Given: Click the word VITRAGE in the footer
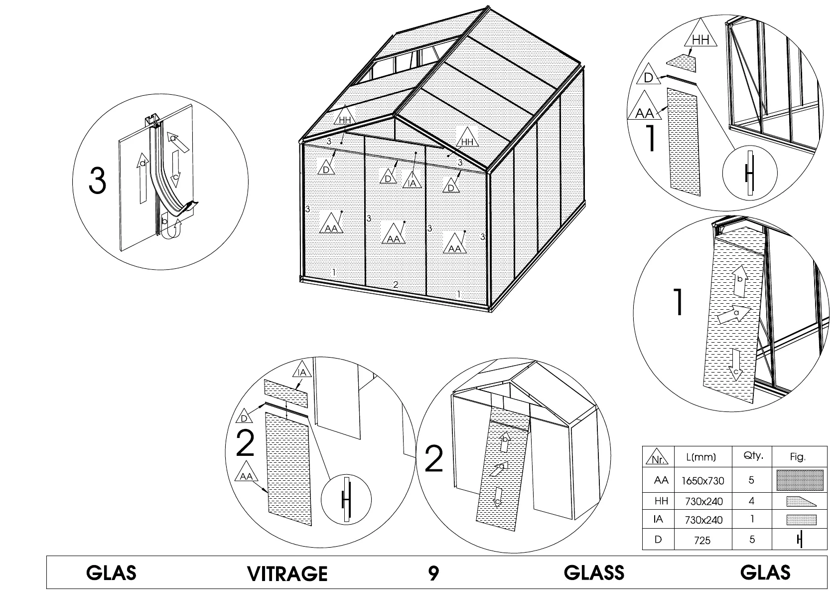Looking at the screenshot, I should coord(287,573).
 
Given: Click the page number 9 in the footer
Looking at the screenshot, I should coord(433,573).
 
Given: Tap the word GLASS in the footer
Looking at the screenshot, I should coord(594,573).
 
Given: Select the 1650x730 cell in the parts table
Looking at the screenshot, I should coord(702,481).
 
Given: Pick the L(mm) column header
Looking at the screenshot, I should coord(701,457).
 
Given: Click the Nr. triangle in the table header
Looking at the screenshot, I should coord(658,458).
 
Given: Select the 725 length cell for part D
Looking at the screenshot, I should coord(702,540).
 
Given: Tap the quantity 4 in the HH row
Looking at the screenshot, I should coord(751,501).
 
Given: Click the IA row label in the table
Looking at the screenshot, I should coord(658,519).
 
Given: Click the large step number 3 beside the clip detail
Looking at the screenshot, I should coord(98,181).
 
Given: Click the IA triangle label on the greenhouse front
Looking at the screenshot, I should coord(412,181).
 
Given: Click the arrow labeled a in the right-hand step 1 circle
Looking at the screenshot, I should coord(734,314).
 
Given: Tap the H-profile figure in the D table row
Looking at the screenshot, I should coord(800,540).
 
